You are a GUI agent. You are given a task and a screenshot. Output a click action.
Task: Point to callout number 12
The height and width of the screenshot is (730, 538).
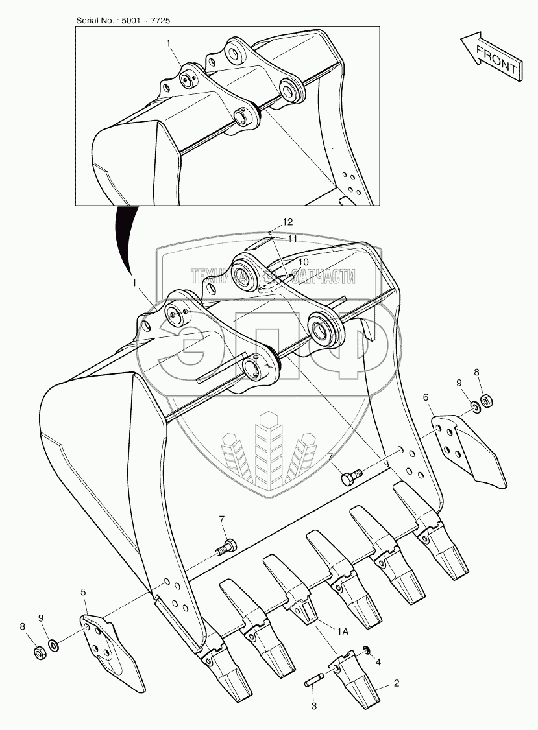pos(287,222)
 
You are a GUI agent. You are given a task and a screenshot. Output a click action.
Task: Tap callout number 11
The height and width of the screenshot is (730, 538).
pos(292,239)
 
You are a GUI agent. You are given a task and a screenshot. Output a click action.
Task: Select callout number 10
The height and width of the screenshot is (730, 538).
pos(303,262)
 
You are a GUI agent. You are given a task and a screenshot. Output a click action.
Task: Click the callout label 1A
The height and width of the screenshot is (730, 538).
pos(343,631)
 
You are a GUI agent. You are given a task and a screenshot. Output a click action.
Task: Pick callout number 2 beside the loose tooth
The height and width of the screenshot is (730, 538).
pos(397,683)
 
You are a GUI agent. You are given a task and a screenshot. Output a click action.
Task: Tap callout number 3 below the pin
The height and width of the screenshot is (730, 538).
pos(313,706)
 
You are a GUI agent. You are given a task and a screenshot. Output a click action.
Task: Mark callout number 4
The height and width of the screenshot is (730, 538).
pos(378,661)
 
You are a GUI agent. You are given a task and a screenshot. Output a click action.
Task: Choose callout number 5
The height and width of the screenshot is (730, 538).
pos(83,592)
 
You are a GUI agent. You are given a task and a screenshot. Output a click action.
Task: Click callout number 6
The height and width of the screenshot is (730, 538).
pos(426,397)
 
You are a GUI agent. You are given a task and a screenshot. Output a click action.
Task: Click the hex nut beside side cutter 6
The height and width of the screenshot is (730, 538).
pos(486,400)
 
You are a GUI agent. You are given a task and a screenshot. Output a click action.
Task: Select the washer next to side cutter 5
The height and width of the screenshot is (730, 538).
pos(55,646)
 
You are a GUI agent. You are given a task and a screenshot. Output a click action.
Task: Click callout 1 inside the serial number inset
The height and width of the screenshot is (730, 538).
pos(168,43)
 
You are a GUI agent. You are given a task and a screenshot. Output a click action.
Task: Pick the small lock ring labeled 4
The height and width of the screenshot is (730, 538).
pos(367,650)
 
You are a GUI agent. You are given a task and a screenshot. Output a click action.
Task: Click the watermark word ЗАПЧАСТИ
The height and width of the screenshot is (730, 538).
pos(322,277)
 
